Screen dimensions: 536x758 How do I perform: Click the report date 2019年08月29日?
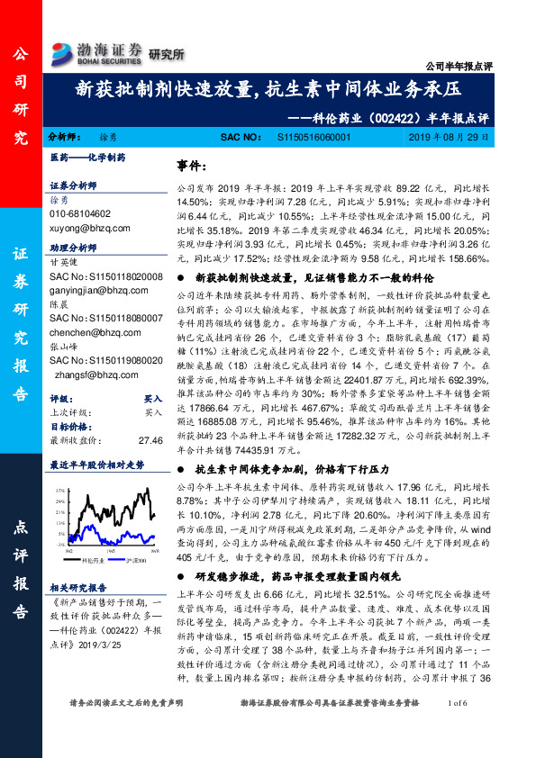pyautogui.click(x=448, y=138)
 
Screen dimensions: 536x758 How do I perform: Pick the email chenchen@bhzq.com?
pyautogui.click(x=90, y=331)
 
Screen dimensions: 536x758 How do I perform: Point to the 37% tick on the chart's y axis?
pyautogui.click(x=59, y=490)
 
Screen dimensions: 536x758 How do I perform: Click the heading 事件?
pyautogui.click(x=189, y=167)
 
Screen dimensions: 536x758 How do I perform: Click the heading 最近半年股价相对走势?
pyautogui.click(x=96, y=465)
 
